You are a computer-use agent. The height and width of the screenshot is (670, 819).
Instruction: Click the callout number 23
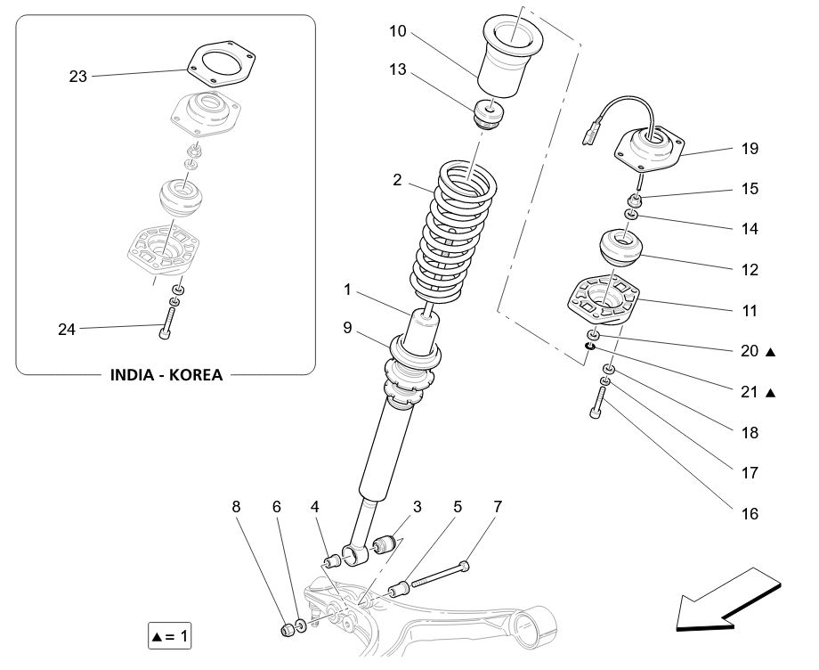coord(78,77)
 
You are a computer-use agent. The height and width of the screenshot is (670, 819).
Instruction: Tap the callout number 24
coord(67,330)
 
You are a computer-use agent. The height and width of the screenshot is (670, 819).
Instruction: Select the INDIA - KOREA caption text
coord(166,374)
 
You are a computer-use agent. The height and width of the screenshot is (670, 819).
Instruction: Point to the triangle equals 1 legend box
coord(169,636)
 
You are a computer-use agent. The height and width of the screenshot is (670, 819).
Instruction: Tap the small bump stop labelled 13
coord(489,115)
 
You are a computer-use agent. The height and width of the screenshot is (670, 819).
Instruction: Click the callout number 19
coord(750,149)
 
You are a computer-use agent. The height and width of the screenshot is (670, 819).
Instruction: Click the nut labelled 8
coord(288,630)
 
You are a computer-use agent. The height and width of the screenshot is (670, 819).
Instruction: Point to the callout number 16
coord(750,513)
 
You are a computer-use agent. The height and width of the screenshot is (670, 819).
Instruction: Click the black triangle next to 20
coord(771,352)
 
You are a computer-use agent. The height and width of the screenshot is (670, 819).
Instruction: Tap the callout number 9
coord(349,329)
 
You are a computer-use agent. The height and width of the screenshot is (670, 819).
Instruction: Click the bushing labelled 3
coord(385,543)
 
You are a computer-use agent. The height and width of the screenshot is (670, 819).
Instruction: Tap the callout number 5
coord(458,507)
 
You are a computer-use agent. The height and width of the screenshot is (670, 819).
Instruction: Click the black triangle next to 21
coord(771,392)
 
